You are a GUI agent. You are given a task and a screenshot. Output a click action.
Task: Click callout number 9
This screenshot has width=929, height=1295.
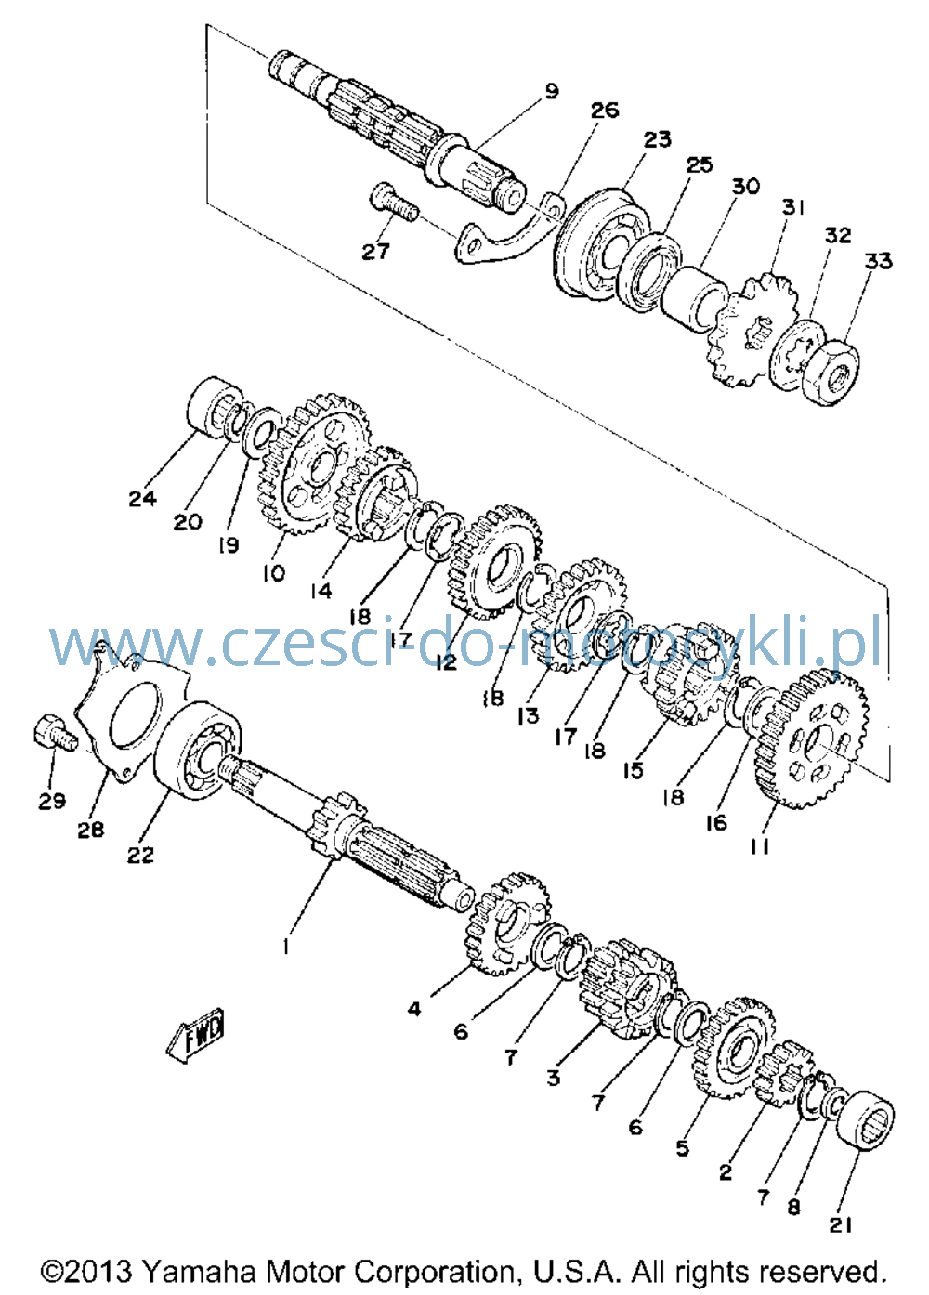(552, 91)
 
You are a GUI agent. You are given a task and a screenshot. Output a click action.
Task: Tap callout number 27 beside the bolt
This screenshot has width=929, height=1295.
(375, 252)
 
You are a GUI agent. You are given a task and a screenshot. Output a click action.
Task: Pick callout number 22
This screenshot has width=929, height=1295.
(140, 856)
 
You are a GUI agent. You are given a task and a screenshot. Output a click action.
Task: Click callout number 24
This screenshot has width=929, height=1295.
(142, 498)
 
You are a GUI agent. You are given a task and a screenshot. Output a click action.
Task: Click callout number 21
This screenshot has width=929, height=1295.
(841, 1223)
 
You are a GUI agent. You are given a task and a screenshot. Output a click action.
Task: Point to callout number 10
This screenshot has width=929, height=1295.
(273, 573)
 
